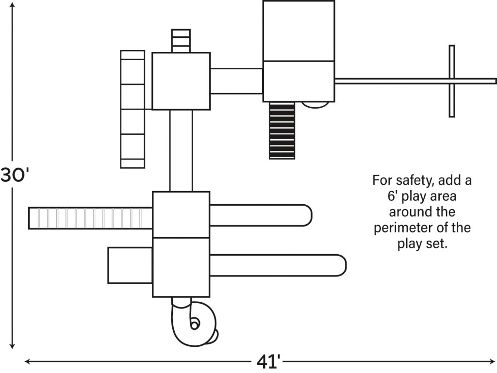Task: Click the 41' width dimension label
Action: (268, 362)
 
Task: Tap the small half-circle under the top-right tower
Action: (315, 104)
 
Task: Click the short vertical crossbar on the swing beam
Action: (452, 81)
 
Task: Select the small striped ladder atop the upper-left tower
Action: (181, 41)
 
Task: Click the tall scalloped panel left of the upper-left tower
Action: (133, 109)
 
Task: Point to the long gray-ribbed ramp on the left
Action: (90, 218)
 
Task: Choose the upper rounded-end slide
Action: (260, 215)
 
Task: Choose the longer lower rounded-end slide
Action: (278, 265)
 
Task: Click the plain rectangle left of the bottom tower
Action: (130, 265)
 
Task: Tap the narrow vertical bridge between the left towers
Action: (181, 150)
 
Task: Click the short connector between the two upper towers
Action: (236, 81)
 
